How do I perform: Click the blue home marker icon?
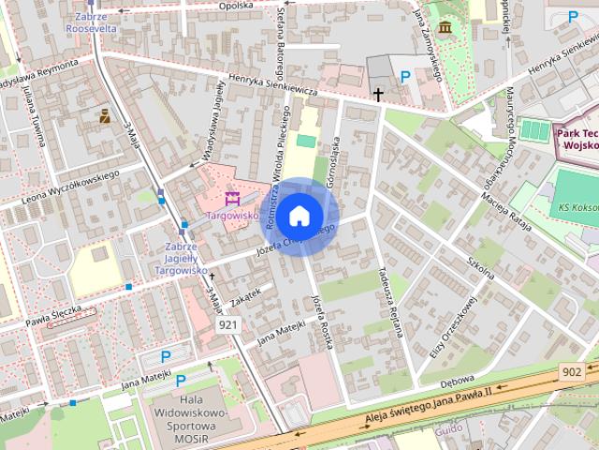click(299, 216)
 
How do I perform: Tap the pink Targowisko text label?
click(232, 215)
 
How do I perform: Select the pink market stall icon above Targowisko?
click(233, 198)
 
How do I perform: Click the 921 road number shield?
click(227, 324)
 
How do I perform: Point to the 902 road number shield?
click(574, 371)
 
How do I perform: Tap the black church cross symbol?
click(378, 94)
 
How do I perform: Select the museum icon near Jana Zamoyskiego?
click(445, 27)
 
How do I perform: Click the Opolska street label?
click(235, 5)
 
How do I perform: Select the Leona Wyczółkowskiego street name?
click(69, 184)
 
